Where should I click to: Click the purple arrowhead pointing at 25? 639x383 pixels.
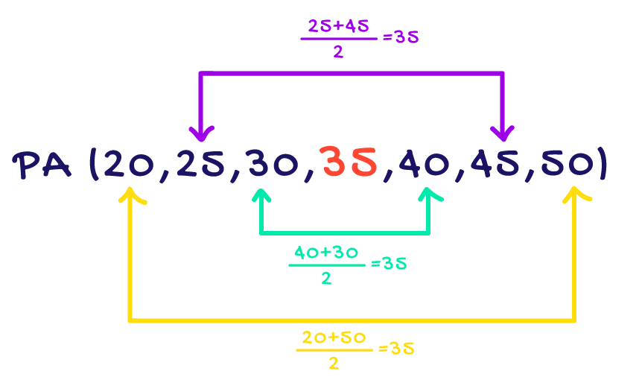tap(200, 134)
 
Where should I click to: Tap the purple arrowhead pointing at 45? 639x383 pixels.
tap(503, 134)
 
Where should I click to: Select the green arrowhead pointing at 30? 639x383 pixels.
tap(261, 196)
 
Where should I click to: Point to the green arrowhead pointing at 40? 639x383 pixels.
tap(430, 196)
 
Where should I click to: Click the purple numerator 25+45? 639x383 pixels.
tap(339, 28)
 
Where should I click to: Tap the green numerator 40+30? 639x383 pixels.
tap(327, 253)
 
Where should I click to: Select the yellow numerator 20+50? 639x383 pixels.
tap(334, 338)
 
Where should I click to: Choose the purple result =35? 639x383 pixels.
tap(401, 37)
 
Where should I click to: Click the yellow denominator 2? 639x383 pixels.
tap(334, 364)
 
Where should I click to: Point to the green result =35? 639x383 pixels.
tap(389, 263)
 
